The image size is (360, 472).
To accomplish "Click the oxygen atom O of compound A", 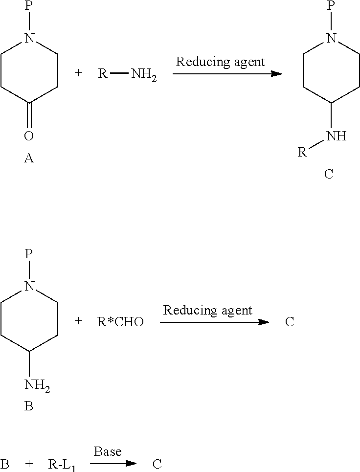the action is (x=28, y=136).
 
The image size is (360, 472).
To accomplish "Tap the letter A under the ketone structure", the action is (x=28, y=157).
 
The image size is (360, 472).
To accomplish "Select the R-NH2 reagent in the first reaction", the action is (x=127, y=73).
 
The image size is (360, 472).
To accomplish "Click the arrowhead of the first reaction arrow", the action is (x=276, y=73).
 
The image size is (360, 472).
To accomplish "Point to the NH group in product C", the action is (x=337, y=136).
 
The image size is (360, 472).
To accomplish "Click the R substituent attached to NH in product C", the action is (x=302, y=152).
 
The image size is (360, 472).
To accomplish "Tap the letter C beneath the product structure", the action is (x=329, y=174).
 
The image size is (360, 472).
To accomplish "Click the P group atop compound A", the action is (x=28, y=5).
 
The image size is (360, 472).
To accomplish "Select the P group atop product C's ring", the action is (x=331, y=5).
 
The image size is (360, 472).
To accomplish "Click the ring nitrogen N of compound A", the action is (x=29, y=38).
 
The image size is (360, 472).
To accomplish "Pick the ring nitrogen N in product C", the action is (x=332, y=38).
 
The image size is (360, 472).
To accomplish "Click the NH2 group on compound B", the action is (x=37, y=385).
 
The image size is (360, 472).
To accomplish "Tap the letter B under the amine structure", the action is (x=28, y=406).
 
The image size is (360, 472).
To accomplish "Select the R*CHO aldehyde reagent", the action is (x=120, y=322).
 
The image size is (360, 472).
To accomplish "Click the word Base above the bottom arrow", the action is (x=108, y=451).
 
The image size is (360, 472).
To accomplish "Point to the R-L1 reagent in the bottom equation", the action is (x=62, y=465).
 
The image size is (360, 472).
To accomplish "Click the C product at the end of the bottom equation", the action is (x=157, y=464).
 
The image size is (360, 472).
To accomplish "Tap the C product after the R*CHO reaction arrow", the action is (x=290, y=322).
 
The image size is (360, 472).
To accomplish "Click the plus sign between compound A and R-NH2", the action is (x=78, y=73).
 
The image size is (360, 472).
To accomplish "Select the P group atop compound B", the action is (x=28, y=254).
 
